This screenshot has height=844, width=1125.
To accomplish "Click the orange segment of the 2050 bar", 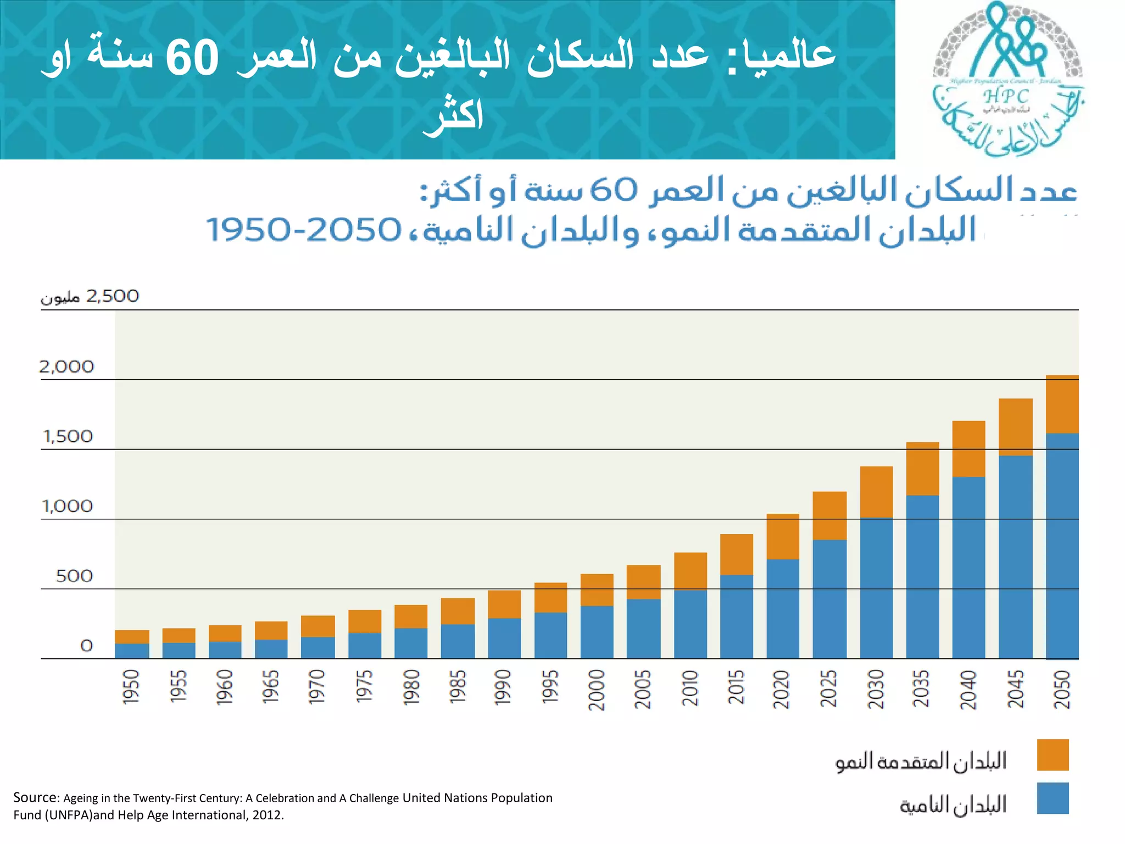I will click(1062, 404).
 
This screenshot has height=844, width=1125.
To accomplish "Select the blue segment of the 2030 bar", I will click(876, 588).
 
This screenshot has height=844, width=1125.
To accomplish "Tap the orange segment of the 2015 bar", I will click(736, 554).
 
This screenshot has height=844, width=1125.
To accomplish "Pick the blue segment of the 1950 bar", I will click(132, 651).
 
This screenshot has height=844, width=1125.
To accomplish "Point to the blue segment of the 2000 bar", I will click(597, 632).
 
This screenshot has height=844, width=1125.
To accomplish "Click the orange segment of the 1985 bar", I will click(458, 611).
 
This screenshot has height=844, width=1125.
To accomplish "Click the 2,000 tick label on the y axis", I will click(66, 367).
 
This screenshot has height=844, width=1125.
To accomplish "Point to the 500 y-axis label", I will click(74, 576).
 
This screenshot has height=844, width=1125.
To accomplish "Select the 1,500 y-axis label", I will click(68, 436).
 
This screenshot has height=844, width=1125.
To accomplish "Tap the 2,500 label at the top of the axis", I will click(113, 296).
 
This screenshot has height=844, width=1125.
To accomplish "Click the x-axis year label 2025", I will click(828, 688).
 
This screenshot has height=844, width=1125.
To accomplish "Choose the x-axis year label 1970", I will click(317, 686).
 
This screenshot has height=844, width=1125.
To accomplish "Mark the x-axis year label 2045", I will click(1015, 688).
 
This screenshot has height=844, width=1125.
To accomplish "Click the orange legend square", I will click(1052, 754).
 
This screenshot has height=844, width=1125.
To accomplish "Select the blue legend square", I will click(1052, 798).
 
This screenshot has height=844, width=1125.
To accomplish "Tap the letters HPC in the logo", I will click(1005, 97).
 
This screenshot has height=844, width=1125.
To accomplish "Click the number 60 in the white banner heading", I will click(192, 58).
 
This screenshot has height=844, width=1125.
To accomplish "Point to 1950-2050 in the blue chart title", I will click(304, 230).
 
